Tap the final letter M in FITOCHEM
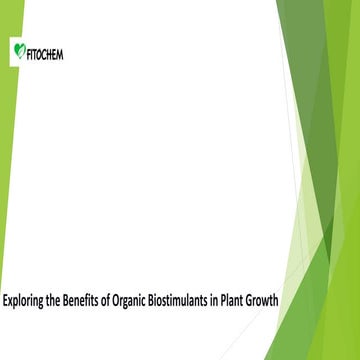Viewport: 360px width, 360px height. (60, 51)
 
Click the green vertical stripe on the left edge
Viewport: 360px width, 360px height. (3, 150)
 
